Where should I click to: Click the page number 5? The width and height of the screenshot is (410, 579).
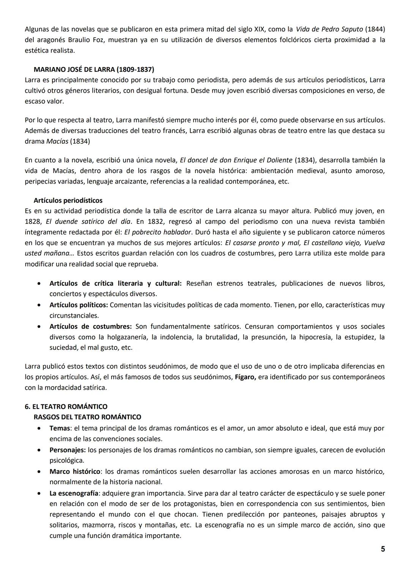click(383, 549)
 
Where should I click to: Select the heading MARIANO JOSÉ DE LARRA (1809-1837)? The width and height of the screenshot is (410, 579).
click(94, 69)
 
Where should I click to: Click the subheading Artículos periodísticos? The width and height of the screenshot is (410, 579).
click(68, 200)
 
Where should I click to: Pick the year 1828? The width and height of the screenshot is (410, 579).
click(33, 222)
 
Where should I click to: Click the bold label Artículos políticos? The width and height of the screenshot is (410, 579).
click(79, 305)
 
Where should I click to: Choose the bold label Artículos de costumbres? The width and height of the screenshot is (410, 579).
click(90, 327)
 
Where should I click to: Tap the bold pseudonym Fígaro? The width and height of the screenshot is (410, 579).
click(245, 377)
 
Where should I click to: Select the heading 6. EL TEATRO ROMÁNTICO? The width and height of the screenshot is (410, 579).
click(66, 407)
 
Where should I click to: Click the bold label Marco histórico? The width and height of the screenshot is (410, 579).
click(75, 472)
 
